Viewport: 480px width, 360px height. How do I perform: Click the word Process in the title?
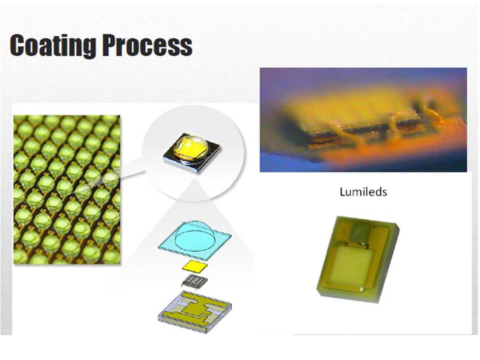(x=147, y=45)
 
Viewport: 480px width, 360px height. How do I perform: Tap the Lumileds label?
(x=363, y=192)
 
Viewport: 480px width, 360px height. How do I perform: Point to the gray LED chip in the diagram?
(x=194, y=280)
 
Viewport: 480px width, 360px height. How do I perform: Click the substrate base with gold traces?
(x=194, y=311)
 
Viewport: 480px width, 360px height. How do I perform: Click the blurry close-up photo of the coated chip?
(x=363, y=119)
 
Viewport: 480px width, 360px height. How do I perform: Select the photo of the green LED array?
(x=66, y=189)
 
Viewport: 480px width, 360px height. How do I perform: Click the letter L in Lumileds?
(x=342, y=192)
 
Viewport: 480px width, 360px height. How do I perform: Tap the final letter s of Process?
(x=186, y=48)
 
